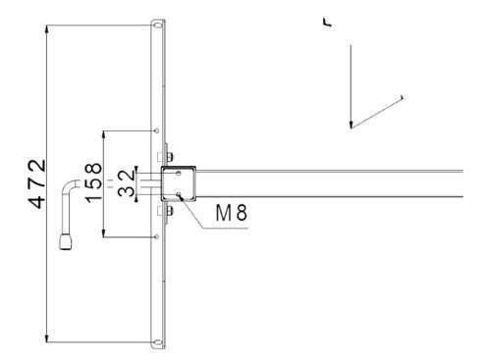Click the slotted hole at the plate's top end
click(x=157, y=23)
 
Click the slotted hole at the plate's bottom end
click(x=157, y=341)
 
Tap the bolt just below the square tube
click(x=165, y=210)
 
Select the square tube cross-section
click(x=180, y=182)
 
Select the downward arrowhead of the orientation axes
click(x=350, y=124)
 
